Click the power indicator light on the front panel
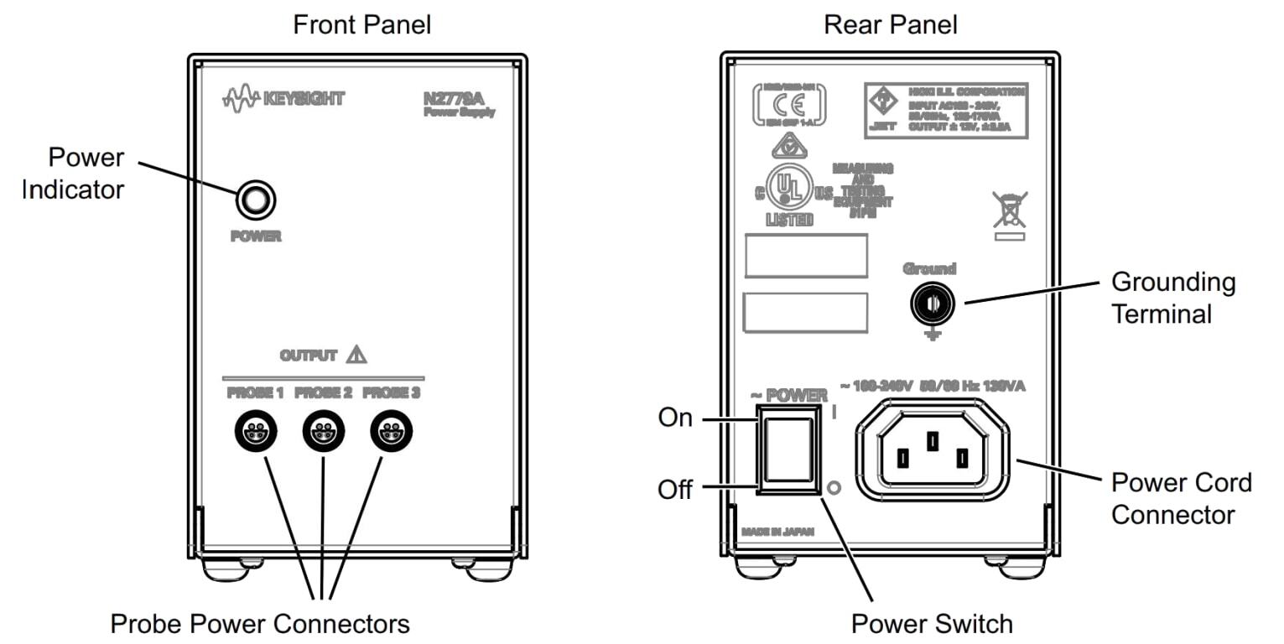pyautogui.click(x=256, y=200)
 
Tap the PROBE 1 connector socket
pyautogui.click(x=254, y=433)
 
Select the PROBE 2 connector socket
pyautogui.click(x=323, y=433)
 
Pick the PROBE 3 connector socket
pyautogui.click(x=391, y=433)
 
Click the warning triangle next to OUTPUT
pyautogui.click(x=357, y=355)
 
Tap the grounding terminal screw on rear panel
pyautogui.click(x=931, y=305)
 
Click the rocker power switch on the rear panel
pyautogui.click(x=788, y=449)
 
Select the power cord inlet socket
pyautogui.click(x=932, y=450)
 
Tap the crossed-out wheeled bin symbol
pyautogui.click(x=1010, y=210)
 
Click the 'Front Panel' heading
pyautogui.click(x=361, y=24)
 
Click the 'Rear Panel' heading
pyautogui.click(x=890, y=24)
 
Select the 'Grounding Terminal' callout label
pyautogui.click(x=1172, y=298)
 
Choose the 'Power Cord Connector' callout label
pyautogui.click(x=1180, y=498)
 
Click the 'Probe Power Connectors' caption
pyautogui.click(x=260, y=623)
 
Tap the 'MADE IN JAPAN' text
pyautogui.click(x=777, y=532)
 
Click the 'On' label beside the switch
pyautogui.click(x=675, y=417)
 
